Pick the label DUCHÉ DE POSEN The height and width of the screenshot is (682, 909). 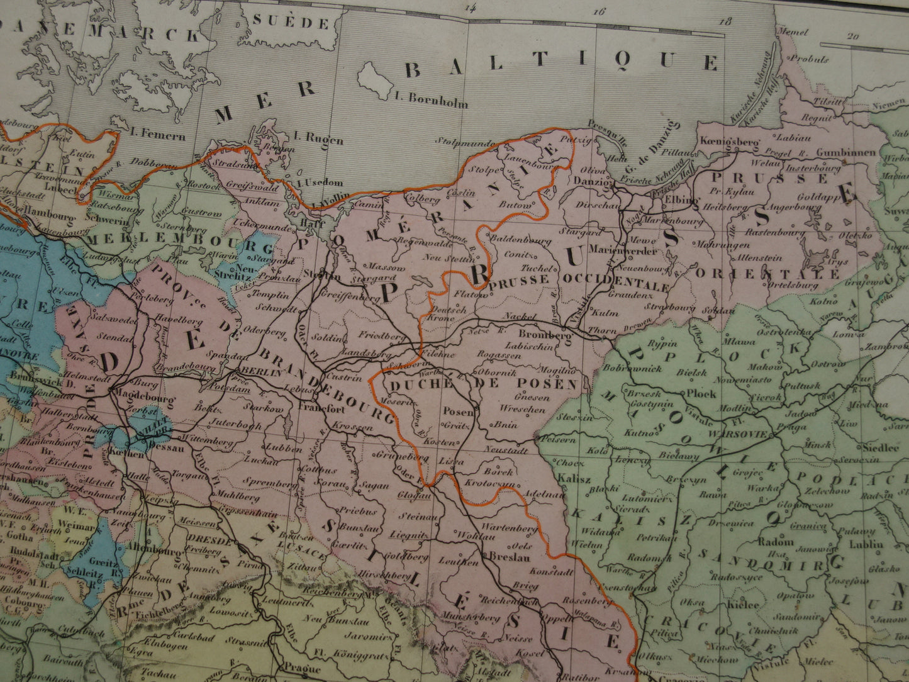pos(483,384)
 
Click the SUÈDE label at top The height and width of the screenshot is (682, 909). pos(291,23)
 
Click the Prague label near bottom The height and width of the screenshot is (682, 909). pos(302,669)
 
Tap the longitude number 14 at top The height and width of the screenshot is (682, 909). pos(468,8)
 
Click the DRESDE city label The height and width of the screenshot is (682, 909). pos(203,539)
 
